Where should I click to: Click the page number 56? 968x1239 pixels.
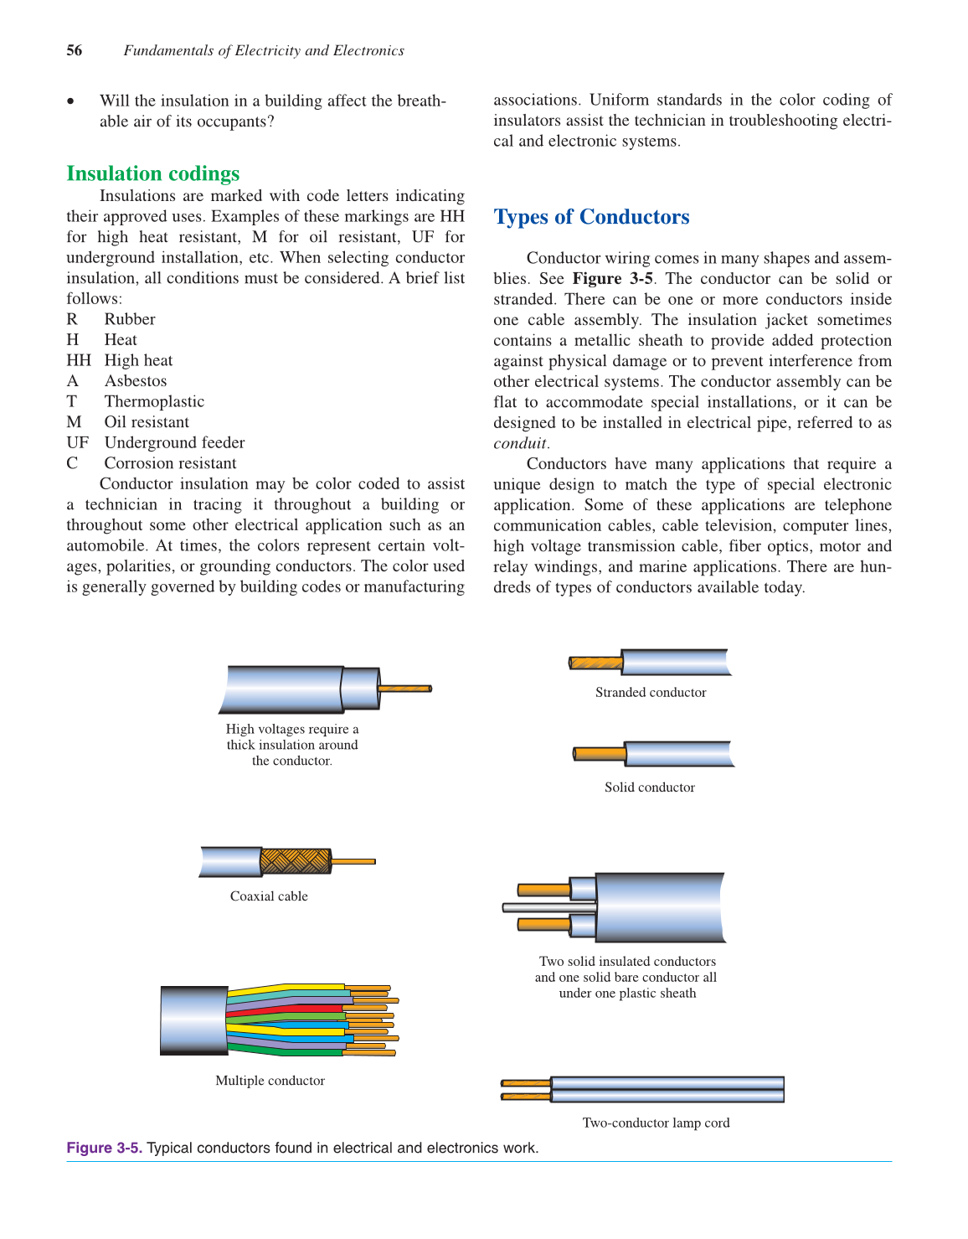click(x=75, y=50)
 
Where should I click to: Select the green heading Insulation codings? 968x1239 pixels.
click(x=152, y=173)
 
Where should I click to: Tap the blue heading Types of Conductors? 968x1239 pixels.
click(x=591, y=217)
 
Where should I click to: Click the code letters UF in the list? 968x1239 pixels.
click(x=77, y=442)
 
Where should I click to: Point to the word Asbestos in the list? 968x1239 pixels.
click(x=135, y=381)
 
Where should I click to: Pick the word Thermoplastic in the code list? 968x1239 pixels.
click(x=154, y=401)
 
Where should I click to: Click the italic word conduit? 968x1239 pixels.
click(x=519, y=443)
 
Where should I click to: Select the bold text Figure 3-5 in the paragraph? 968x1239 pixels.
click(x=612, y=279)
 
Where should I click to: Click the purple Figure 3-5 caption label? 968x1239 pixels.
click(x=104, y=1148)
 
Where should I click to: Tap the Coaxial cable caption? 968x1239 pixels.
click(x=269, y=896)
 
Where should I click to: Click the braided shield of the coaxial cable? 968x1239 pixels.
click(x=295, y=861)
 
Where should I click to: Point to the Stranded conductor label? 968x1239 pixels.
click(x=651, y=693)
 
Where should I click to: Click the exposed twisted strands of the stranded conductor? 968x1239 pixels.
click(x=596, y=663)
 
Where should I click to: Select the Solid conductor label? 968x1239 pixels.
click(x=650, y=787)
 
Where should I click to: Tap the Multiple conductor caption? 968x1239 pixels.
click(x=270, y=1081)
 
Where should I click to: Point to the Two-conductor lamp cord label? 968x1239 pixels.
click(x=656, y=1123)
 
